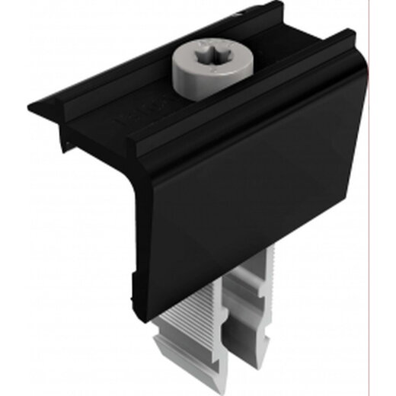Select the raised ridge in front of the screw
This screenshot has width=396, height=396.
click(x=228, y=114)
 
